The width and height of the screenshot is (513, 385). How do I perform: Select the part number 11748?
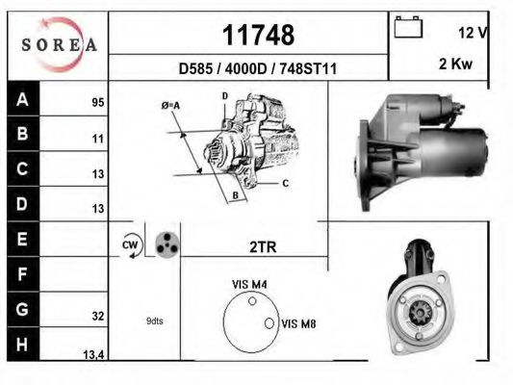pyautogui.click(x=257, y=36)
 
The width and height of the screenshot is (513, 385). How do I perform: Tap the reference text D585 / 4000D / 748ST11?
pyautogui.click(x=257, y=69)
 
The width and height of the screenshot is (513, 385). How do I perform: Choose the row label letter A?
pyautogui.click(x=21, y=99)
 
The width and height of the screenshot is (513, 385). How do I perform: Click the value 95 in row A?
pyautogui.click(x=97, y=101)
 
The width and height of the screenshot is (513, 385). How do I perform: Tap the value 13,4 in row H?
pyautogui.click(x=93, y=355)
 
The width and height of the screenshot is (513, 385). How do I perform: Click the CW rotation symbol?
pyautogui.click(x=131, y=246)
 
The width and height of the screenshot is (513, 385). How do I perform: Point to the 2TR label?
pyautogui.click(x=262, y=247)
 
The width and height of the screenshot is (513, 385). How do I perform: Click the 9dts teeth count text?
pyautogui.click(x=153, y=321)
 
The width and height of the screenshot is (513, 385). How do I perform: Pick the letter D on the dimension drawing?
pyautogui.click(x=224, y=96)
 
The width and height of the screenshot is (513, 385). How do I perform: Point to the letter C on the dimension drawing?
pyautogui.click(x=285, y=182)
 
